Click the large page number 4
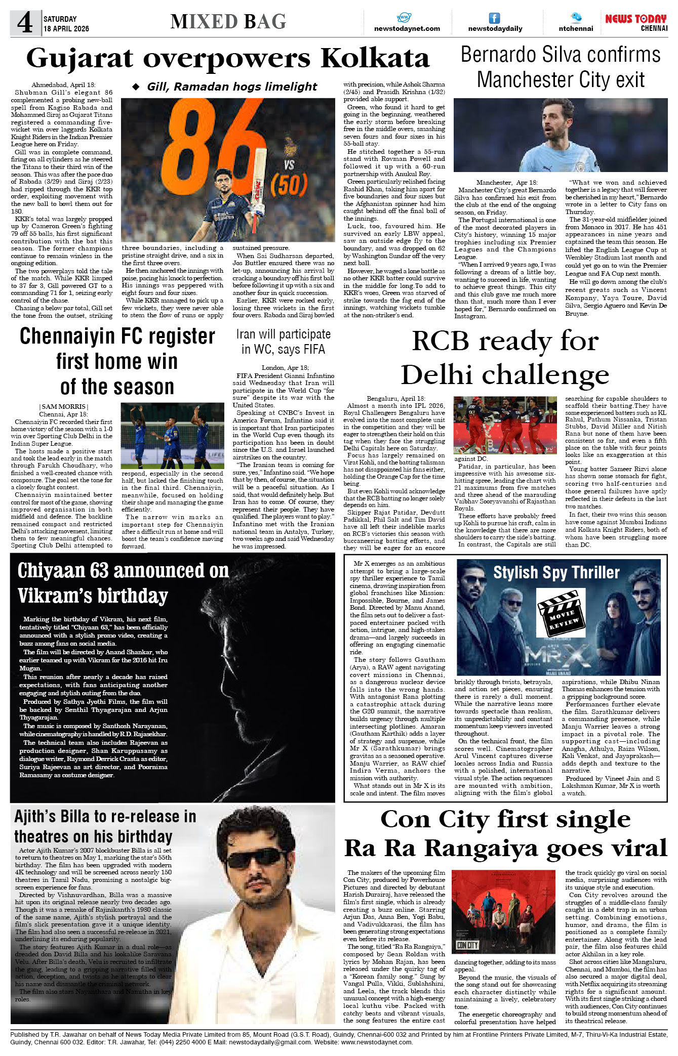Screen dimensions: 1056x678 (24, 23)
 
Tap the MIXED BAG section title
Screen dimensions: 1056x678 (228, 22)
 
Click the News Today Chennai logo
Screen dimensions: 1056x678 (636, 23)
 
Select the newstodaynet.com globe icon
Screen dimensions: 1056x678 (404, 18)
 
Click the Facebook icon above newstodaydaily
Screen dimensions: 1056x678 (494, 18)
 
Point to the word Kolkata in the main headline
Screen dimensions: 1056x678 (375, 59)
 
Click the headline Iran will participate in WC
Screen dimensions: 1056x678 (283, 342)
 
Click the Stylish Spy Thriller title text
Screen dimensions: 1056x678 (556, 572)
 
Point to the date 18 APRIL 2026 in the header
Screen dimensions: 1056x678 (66, 29)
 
